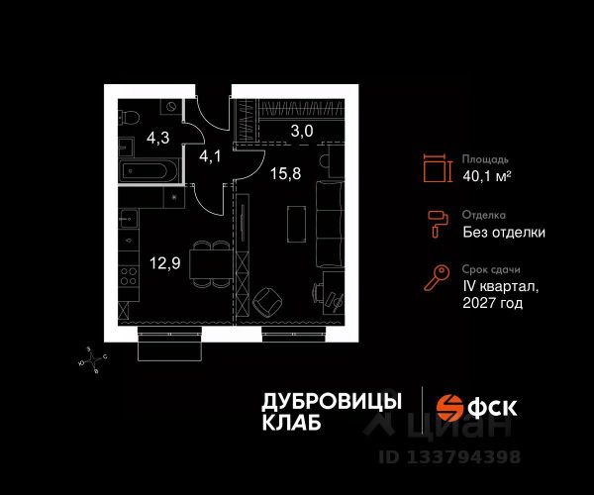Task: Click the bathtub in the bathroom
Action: pyautogui.click(x=147, y=170)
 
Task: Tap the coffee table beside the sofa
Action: pyautogui.click(x=293, y=222)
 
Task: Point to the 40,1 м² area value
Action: pyautogui.click(x=486, y=176)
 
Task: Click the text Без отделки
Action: pyautogui.click(x=504, y=233)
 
